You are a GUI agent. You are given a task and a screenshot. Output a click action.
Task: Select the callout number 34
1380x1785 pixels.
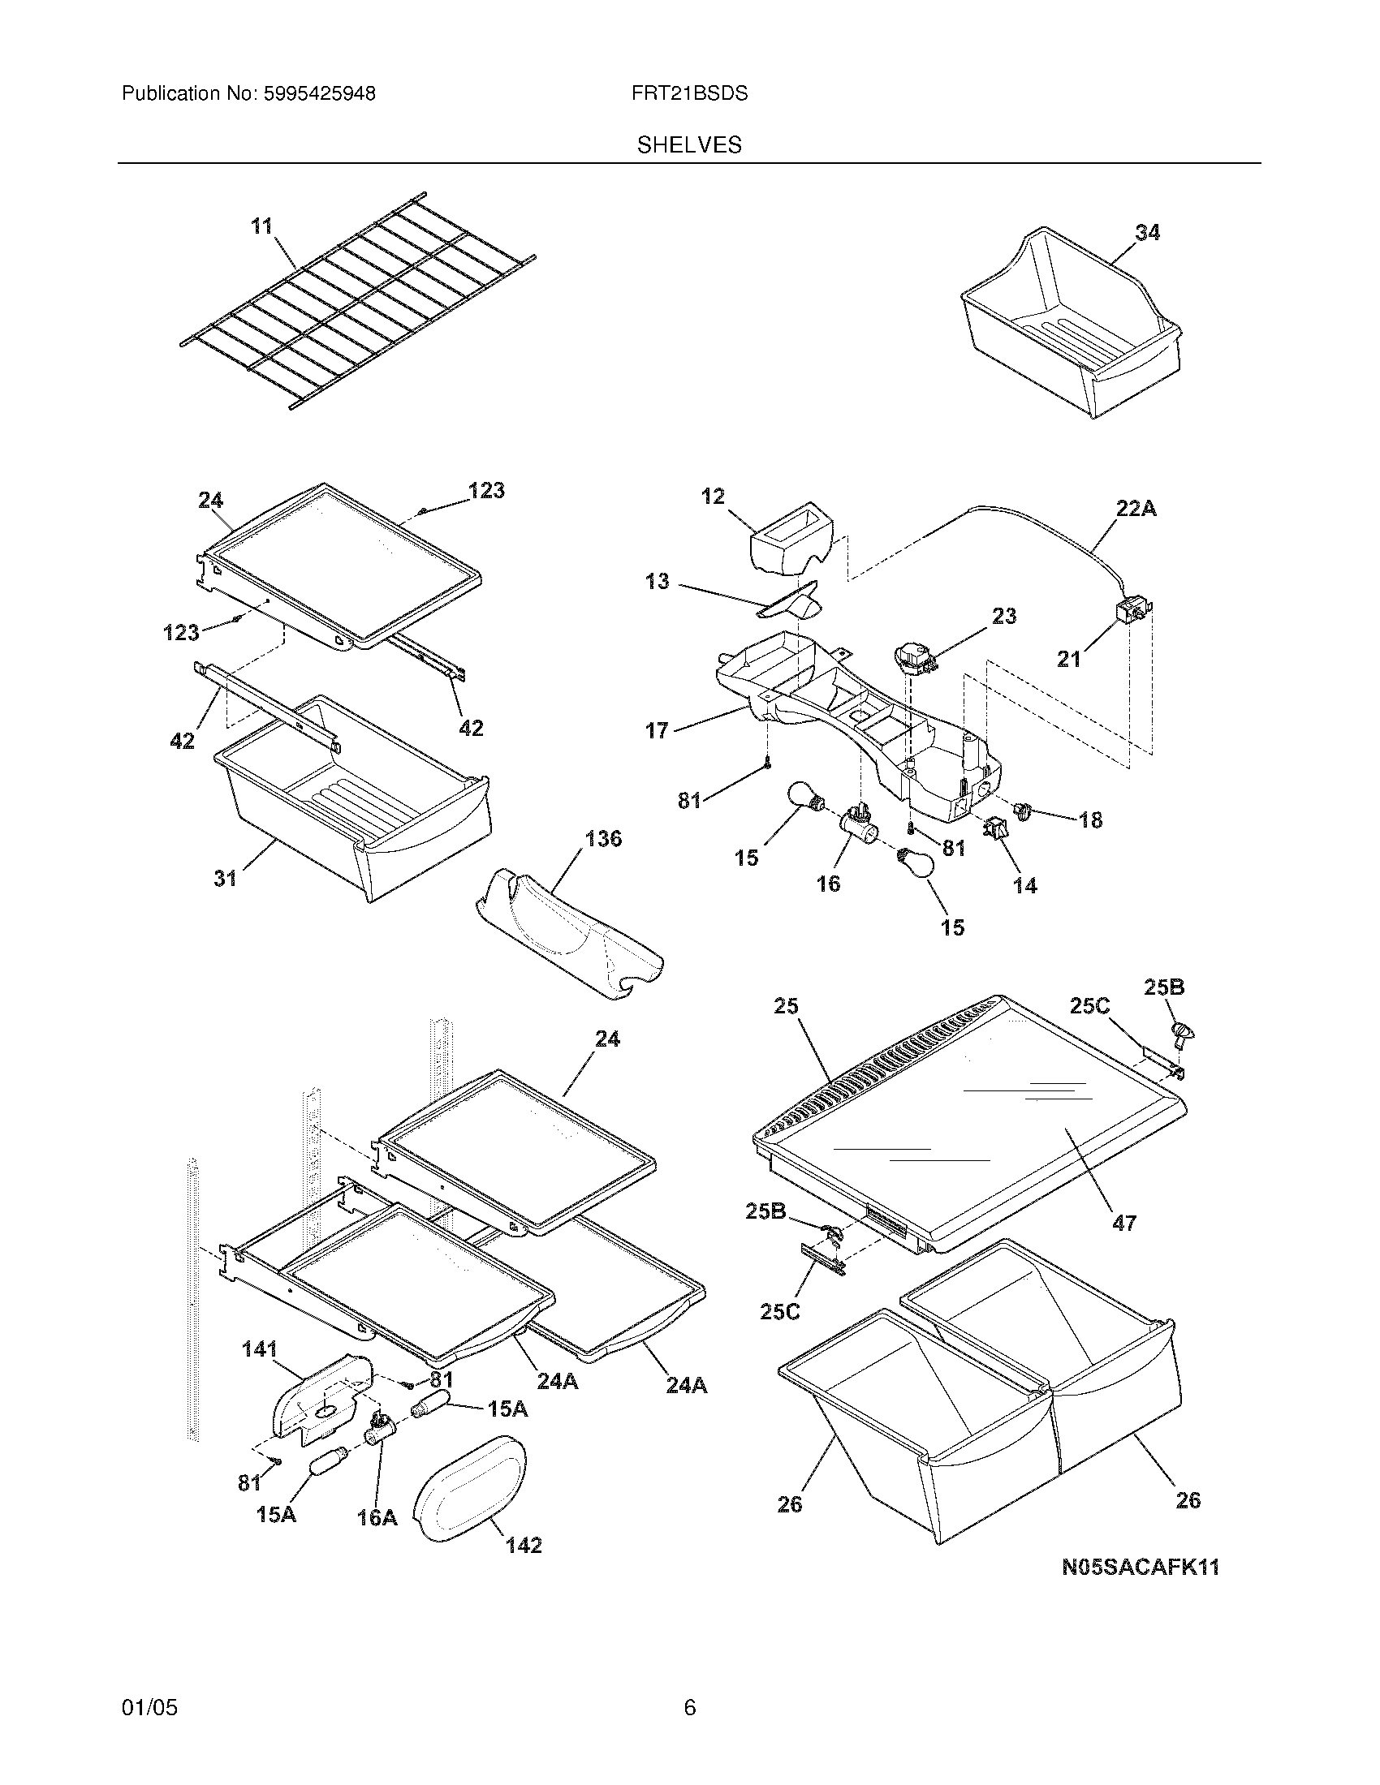point(1147,233)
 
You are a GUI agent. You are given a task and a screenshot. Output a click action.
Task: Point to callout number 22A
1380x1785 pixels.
point(1136,510)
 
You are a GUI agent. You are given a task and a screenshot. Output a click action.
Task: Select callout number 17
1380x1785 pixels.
point(657,730)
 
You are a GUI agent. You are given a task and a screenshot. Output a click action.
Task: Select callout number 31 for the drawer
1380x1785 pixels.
point(225,878)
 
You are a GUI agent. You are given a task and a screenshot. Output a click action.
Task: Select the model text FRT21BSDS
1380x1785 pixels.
point(689,94)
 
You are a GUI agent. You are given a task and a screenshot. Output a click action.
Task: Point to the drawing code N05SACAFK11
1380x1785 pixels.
point(1140,1567)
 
